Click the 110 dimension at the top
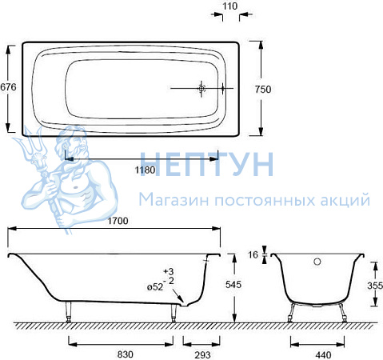point(229,6)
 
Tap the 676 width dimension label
point(8,87)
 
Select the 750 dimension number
point(263,90)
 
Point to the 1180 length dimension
point(145,170)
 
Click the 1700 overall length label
point(118,221)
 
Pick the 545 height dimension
point(233,285)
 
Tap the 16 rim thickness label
point(253,255)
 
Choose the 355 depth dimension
point(375,286)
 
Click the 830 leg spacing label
point(126,354)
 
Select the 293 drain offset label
point(202,355)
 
